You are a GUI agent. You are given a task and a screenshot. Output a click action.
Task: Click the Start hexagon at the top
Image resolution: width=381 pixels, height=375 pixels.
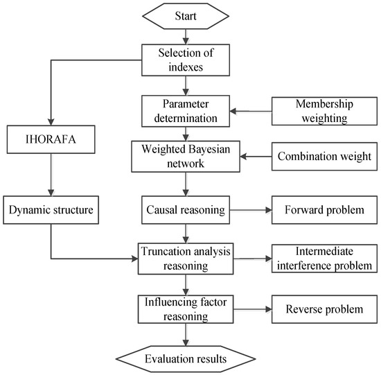184,15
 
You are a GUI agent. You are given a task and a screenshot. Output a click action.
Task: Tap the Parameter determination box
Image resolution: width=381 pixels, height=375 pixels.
184,109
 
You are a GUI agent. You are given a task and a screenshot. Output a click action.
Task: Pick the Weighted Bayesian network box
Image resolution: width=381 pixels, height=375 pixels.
184,157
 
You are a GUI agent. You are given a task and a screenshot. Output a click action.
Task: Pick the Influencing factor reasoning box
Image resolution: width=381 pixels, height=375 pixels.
184,308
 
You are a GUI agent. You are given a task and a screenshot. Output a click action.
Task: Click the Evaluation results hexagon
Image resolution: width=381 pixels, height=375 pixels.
184,358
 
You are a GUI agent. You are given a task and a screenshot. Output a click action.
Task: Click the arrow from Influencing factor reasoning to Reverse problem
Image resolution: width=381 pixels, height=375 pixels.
252,308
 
